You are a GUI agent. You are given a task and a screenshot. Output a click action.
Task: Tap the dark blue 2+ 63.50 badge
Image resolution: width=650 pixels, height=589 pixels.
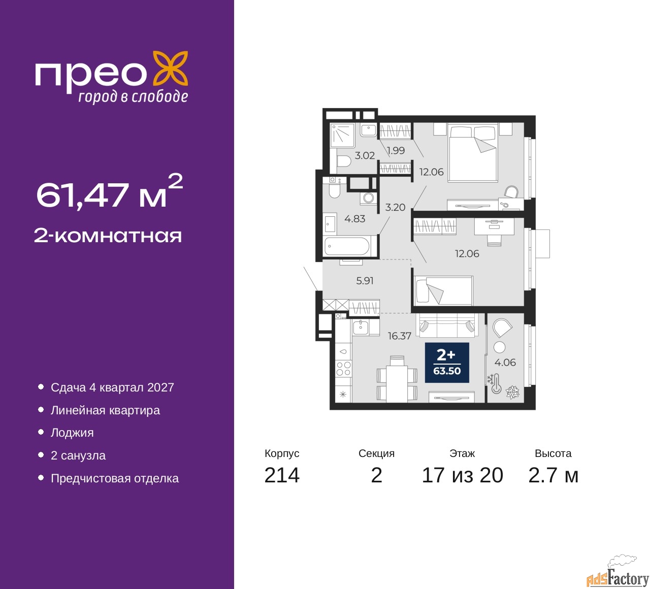click(x=447, y=363)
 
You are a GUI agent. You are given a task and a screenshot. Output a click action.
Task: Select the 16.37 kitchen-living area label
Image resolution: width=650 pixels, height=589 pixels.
click(x=400, y=336)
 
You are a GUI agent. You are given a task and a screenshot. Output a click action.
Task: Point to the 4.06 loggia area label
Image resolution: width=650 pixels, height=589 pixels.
click(x=505, y=362)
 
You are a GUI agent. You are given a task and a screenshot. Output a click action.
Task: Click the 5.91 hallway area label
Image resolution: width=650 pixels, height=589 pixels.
click(x=365, y=281)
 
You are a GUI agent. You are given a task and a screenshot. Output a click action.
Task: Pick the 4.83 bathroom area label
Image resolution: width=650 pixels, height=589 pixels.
click(x=355, y=219)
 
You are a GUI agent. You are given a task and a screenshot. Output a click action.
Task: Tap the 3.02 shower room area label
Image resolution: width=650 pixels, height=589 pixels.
click(x=365, y=155)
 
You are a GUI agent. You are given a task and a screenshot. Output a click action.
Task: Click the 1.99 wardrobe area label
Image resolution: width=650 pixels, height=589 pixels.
click(x=396, y=150)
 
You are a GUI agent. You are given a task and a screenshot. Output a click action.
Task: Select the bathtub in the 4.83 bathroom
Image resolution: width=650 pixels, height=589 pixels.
click(x=347, y=246)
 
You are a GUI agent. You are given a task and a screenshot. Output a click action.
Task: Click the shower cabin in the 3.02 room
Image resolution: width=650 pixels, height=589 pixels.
click(x=342, y=135)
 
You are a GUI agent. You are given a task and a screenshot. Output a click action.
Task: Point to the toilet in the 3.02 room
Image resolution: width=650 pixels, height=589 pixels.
click(x=343, y=161)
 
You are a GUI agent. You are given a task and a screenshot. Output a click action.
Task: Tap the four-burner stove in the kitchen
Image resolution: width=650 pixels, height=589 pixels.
click(x=343, y=369)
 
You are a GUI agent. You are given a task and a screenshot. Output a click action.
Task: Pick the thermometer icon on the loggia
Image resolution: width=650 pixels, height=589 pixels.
click(x=496, y=384)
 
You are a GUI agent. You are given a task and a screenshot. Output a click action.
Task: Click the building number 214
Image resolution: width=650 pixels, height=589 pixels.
click(x=282, y=475)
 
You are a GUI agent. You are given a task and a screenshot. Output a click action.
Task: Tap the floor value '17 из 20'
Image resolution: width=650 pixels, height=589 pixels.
click(x=463, y=475)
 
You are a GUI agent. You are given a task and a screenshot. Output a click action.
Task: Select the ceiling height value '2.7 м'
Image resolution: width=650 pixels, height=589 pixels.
click(x=553, y=475)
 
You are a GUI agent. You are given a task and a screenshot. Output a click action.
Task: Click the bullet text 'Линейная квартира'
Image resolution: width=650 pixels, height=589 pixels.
click(x=105, y=410)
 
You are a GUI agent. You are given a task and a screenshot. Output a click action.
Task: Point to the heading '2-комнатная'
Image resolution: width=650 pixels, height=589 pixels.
click(x=108, y=236)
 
